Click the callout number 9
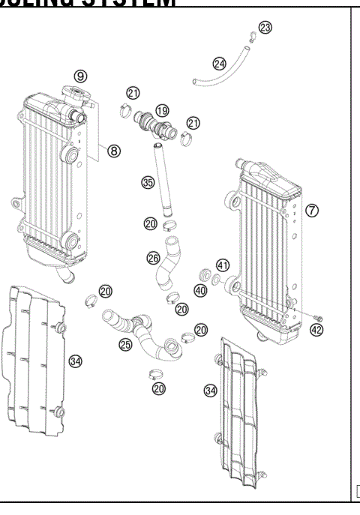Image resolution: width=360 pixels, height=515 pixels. pyautogui.click(x=79, y=75)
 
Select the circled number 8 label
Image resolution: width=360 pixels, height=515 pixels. pyautogui.click(x=113, y=151)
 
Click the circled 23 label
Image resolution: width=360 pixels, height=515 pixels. pyautogui.click(x=265, y=27)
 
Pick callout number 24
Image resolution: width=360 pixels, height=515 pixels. pyautogui.click(x=219, y=64)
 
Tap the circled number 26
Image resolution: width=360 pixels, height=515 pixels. pyautogui.click(x=153, y=258)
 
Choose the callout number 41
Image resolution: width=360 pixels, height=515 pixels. pyautogui.click(x=222, y=265)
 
